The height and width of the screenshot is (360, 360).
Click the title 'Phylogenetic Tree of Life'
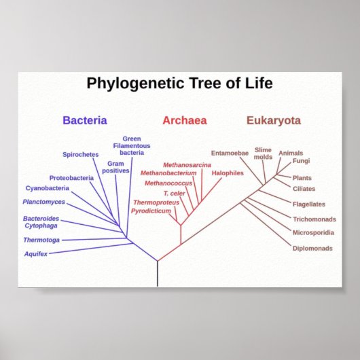[x=179, y=84]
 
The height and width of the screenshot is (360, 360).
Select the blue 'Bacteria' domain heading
[x=85, y=121]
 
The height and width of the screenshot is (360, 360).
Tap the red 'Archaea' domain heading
[x=184, y=121]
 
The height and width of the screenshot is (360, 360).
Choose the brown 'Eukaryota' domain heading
[x=273, y=121]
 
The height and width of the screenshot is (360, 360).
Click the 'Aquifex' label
[x=36, y=253]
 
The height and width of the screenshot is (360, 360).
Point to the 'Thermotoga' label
[x=41, y=240]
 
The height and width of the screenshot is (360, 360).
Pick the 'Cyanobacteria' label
[x=48, y=188]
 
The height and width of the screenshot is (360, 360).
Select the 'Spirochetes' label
[x=81, y=154]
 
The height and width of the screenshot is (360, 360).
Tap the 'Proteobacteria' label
[x=71, y=178]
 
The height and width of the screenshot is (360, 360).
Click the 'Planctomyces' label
[x=44, y=202]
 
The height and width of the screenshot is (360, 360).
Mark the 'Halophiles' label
[x=227, y=173]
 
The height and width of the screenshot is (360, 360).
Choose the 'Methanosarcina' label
[x=187, y=165]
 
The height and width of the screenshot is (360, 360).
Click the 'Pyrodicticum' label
[x=151, y=211]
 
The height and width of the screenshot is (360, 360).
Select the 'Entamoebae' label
[x=230, y=153]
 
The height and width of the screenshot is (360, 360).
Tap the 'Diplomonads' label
[x=312, y=248]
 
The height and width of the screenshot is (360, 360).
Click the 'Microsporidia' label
[x=313, y=233]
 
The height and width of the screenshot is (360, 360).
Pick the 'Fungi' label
[x=302, y=161]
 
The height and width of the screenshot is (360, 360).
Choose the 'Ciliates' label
[x=304, y=189]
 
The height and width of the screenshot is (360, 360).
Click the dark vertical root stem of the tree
[x=158, y=274]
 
